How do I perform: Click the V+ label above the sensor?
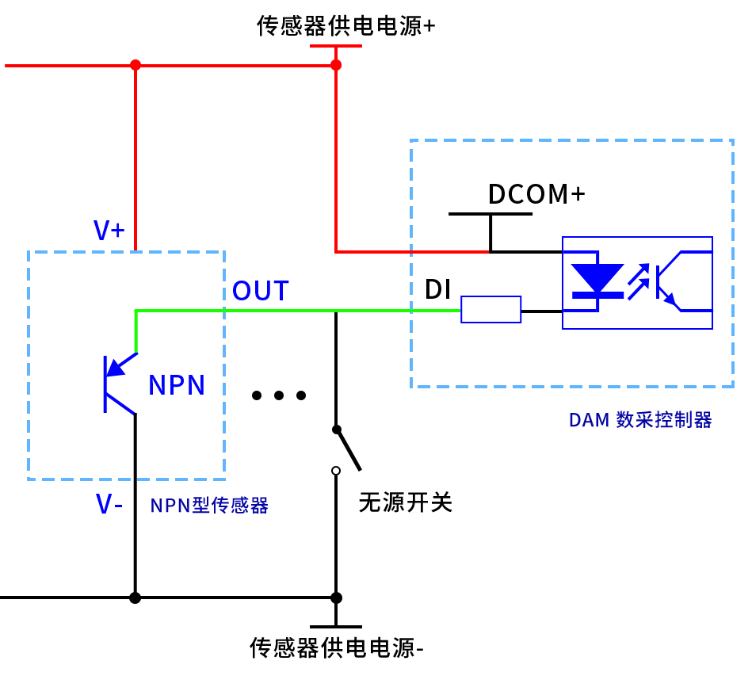point(109,231)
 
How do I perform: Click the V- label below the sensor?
point(109,504)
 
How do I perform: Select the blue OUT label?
point(260,291)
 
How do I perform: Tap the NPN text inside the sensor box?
point(177,385)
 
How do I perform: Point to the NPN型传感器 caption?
point(209,505)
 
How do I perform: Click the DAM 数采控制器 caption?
point(640,420)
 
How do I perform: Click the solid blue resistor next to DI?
point(491,309)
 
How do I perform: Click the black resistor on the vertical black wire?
point(348,449)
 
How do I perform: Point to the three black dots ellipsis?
point(278,395)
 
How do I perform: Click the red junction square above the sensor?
point(136,65)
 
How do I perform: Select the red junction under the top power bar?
point(335,65)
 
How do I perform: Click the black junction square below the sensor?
point(136,597)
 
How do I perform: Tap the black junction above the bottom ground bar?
point(335,597)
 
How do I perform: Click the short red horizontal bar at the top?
point(335,46)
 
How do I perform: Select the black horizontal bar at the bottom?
point(335,626)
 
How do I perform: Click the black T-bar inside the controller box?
point(491,214)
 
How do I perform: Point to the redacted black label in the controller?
point(536,193)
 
